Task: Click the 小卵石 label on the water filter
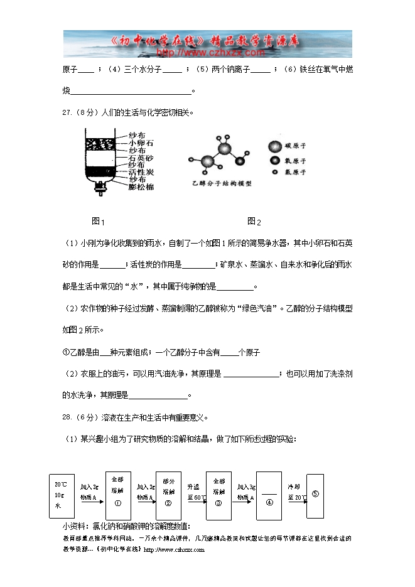pyautogui.click(x=141, y=143)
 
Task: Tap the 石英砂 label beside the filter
pyautogui.click(x=141, y=158)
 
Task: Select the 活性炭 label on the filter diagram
pyautogui.click(x=141, y=172)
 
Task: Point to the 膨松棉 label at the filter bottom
pyautogui.click(x=141, y=187)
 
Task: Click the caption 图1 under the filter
pyautogui.click(x=98, y=221)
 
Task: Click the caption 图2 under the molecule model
pyautogui.click(x=254, y=221)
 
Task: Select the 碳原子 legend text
pyautogui.click(x=295, y=146)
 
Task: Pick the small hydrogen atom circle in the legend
pyautogui.click(x=274, y=171)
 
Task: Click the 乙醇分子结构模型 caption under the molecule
pyautogui.click(x=221, y=183)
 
